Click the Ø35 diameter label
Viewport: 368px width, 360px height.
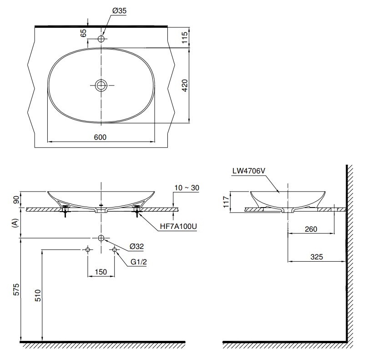pyautogui.click(x=119, y=11)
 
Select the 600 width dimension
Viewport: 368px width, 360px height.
pyautogui.click(x=101, y=137)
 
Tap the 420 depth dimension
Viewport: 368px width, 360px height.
pyautogui.click(x=184, y=85)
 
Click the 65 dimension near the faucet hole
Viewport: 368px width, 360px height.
pyautogui.click(x=83, y=34)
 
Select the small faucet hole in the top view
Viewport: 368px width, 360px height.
pyautogui.click(x=101, y=39)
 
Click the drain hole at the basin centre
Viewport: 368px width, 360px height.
pyautogui.click(x=101, y=85)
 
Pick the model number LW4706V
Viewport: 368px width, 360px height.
pyautogui.click(x=248, y=171)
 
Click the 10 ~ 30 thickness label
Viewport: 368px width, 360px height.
pyautogui.click(x=187, y=187)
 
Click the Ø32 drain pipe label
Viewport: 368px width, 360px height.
pyautogui.click(x=136, y=246)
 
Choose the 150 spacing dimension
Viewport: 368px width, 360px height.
pyautogui.click(x=101, y=272)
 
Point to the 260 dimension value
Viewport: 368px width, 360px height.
pyautogui.click(x=311, y=228)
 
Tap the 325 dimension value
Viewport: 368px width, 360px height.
pyautogui.click(x=316, y=257)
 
